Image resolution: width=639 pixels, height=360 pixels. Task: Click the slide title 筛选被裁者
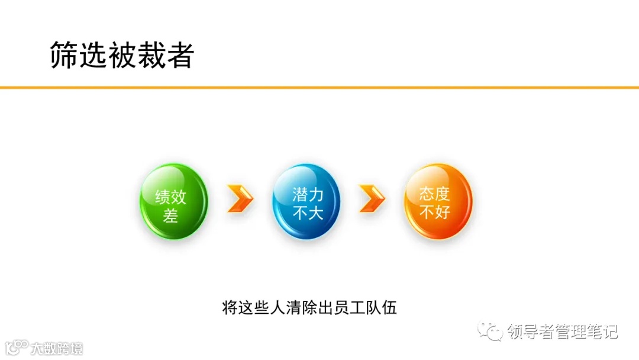122,55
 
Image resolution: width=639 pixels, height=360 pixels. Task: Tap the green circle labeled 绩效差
173,202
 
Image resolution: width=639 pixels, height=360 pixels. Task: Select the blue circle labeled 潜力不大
306,202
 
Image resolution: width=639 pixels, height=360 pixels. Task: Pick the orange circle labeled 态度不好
438,202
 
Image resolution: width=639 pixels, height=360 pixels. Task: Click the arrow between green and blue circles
240,198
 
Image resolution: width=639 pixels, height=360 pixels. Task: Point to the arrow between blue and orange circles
372,198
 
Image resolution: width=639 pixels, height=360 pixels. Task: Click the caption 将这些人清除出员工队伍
309,308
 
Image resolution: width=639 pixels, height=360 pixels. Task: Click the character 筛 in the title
64,55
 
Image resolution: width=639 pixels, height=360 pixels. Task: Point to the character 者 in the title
180,55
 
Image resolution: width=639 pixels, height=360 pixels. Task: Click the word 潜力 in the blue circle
308,194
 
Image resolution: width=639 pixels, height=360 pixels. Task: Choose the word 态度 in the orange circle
435,194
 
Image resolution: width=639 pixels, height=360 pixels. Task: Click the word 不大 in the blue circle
308,212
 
